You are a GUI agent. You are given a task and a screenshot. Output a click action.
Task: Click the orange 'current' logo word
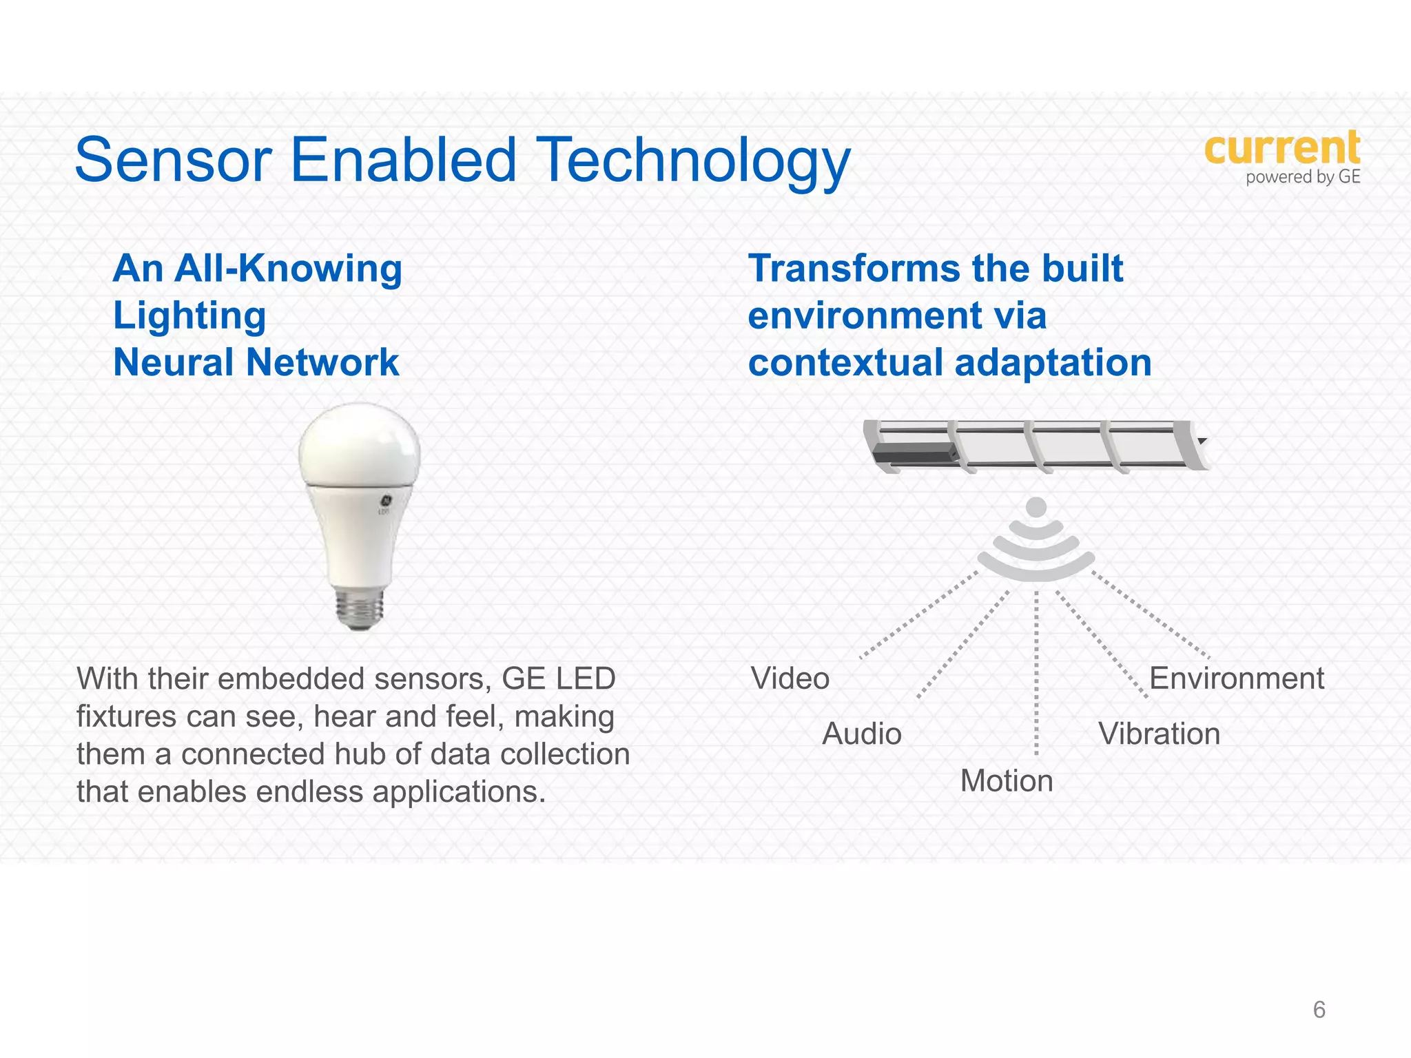click(x=1281, y=148)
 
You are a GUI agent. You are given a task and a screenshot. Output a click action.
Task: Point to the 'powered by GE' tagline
click(x=1302, y=177)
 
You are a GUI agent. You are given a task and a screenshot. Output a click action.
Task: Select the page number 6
click(x=1319, y=1009)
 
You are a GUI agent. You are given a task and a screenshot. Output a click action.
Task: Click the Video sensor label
click(x=790, y=678)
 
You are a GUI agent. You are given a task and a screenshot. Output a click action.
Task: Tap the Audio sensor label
click(x=861, y=734)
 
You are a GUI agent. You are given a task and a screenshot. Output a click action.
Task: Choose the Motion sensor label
click(x=1006, y=781)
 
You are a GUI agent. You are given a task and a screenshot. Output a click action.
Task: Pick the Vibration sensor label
click(x=1159, y=734)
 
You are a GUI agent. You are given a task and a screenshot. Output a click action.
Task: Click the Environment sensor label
click(x=1236, y=678)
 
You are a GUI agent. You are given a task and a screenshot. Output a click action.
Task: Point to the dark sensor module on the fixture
click(x=913, y=453)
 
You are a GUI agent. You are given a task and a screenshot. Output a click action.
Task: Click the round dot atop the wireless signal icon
click(x=1036, y=508)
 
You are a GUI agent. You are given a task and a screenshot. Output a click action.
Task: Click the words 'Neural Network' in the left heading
click(x=256, y=362)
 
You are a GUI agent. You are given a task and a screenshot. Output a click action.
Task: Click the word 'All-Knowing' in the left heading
click(x=288, y=269)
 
